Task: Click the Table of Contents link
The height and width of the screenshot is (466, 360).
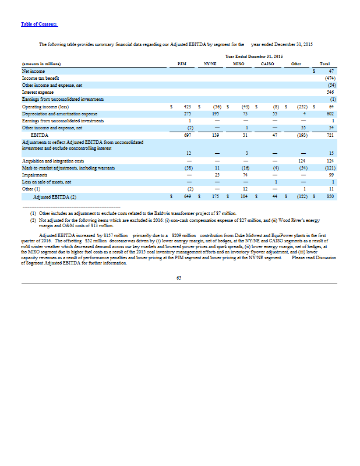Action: coord(39,24)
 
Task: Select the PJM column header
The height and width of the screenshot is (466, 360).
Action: coord(182,63)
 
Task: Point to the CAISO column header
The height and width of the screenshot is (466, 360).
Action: coord(268,63)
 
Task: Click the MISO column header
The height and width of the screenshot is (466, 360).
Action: coord(239,63)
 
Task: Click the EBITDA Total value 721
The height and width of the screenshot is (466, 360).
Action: coord(329,135)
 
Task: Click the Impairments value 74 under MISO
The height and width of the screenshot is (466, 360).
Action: coord(245,174)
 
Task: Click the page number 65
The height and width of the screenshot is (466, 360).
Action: coord(179,278)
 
